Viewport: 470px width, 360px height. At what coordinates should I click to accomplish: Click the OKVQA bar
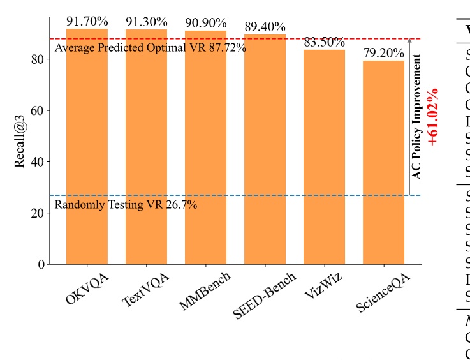coord(87,147)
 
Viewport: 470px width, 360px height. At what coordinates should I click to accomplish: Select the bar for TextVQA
coord(147,147)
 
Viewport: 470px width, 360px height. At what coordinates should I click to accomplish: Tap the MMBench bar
coord(205,147)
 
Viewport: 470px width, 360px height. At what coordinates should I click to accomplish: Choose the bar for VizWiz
coord(324,156)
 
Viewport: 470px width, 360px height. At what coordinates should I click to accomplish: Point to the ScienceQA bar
coord(383,162)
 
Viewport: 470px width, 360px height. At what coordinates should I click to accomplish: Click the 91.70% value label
coord(87,22)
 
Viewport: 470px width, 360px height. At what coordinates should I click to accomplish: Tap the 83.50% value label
coord(324,43)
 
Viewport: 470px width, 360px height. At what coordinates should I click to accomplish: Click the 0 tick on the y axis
coord(40,264)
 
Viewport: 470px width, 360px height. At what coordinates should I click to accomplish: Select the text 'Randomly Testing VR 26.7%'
coord(126,205)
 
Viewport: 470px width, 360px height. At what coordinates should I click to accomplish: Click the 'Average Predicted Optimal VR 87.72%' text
coord(151,48)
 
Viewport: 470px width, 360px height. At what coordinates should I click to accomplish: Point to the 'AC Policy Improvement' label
coord(417,116)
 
